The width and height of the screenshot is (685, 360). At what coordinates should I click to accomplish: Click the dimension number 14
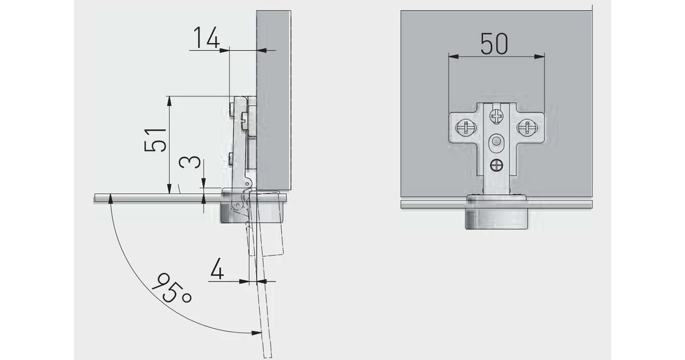(206, 38)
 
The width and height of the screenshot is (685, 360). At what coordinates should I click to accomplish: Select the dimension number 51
(155, 140)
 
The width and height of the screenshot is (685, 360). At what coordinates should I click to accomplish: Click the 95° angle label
(172, 289)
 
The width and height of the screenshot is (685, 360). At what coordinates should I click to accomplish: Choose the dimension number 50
(494, 44)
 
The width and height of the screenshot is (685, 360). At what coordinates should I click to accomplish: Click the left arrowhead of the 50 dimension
(453, 56)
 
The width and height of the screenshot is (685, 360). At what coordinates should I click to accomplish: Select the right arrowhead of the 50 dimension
(540, 56)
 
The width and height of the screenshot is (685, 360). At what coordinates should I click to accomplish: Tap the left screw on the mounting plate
(463, 128)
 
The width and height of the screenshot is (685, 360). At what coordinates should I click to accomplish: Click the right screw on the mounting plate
(524, 128)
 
